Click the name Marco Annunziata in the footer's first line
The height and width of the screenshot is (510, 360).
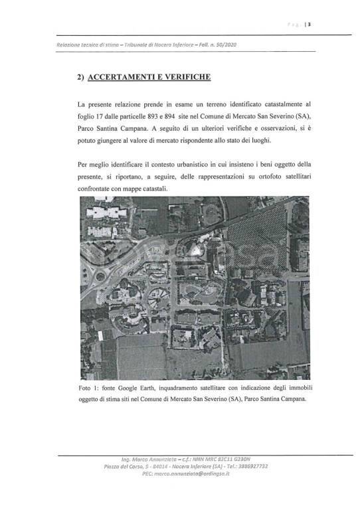[x=143, y=459]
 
